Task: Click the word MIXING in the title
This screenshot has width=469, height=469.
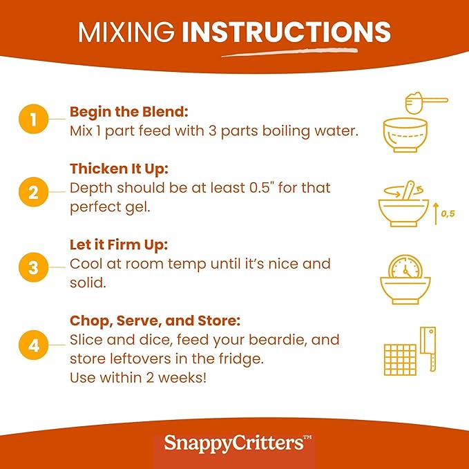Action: [x=126, y=32]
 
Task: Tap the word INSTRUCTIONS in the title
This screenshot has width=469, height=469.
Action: [x=286, y=32]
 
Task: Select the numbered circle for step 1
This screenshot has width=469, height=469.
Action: [x=33, y=119]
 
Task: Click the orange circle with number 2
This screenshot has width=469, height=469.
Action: [x=33, y=192]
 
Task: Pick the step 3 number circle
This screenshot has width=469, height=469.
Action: [x=33, y=267]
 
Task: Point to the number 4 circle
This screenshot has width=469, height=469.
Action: [x=33, y=345]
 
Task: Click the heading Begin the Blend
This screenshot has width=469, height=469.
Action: [x=129, y=112]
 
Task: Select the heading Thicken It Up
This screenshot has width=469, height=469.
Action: [x=119, y=169]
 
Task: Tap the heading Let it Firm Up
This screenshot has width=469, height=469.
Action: [x=119, y=245]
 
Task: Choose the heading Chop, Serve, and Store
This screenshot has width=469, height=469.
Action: [x=155, y=321]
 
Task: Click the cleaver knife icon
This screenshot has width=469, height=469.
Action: [x=428, y=349]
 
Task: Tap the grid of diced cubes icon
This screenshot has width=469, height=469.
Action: [x=400, y=360]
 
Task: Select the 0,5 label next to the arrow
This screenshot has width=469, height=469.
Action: [x=448, y=213]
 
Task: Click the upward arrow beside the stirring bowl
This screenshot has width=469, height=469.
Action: [x=436, y=213]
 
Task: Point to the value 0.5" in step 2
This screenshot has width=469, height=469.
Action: [x=262, y=188]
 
